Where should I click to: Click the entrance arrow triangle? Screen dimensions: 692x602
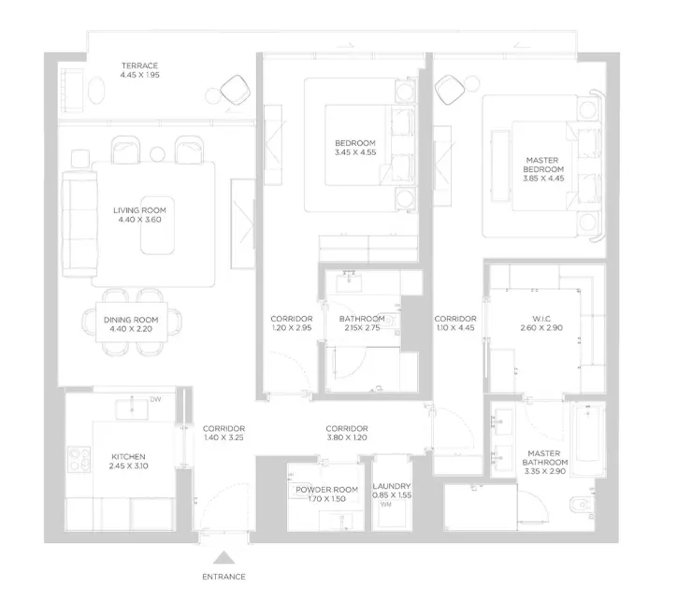(223, 558)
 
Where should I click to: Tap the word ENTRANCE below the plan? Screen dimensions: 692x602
(223, 577)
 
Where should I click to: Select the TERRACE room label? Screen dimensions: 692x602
(140, 65)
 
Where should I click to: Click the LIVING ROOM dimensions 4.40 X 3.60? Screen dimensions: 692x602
(140, 220)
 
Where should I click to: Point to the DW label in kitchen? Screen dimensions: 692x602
(155, 399)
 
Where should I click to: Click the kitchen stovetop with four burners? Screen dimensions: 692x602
(79, 460)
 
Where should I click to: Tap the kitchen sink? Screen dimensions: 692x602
(132, 409)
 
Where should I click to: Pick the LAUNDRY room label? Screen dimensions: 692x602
(392, 486)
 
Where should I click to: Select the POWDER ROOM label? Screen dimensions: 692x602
(326, 490)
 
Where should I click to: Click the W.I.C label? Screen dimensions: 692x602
(541, 319)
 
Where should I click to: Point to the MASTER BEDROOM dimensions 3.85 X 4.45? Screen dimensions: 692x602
(543, 179)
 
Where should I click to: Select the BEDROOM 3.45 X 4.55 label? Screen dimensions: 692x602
(355, 148)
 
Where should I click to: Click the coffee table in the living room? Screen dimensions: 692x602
(157, 225)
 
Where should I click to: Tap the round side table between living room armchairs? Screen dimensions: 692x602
(157, 154)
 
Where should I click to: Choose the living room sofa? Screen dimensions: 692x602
(79, 224)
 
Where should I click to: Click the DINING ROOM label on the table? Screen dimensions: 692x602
(131, 320)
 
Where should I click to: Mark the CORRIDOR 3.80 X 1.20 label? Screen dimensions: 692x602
(347, 433)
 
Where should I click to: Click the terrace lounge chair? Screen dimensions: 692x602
(236, 91)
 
